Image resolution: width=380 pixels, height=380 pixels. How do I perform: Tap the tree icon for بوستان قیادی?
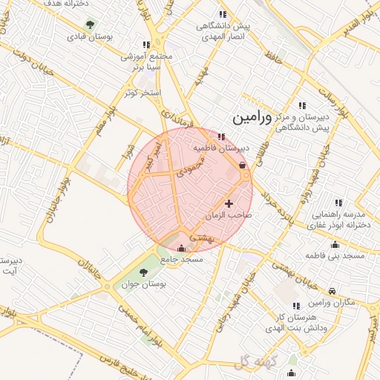pos(90,24)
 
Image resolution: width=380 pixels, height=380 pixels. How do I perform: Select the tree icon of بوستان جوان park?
pos(143,272)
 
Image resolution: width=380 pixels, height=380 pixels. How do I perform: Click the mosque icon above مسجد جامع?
pos(182,248)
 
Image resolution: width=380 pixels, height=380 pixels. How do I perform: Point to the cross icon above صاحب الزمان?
pos(229,203)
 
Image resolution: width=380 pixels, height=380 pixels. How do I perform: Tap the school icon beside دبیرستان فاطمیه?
pos(222,136)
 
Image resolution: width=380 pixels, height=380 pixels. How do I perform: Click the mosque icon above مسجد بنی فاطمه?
pos(335,244)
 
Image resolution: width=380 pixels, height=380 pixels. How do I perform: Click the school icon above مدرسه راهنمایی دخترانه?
pos(338,203)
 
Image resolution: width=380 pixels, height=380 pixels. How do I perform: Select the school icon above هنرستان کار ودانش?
pos(296,305)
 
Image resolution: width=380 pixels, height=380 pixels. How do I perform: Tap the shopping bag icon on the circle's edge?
pos(243,166)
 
